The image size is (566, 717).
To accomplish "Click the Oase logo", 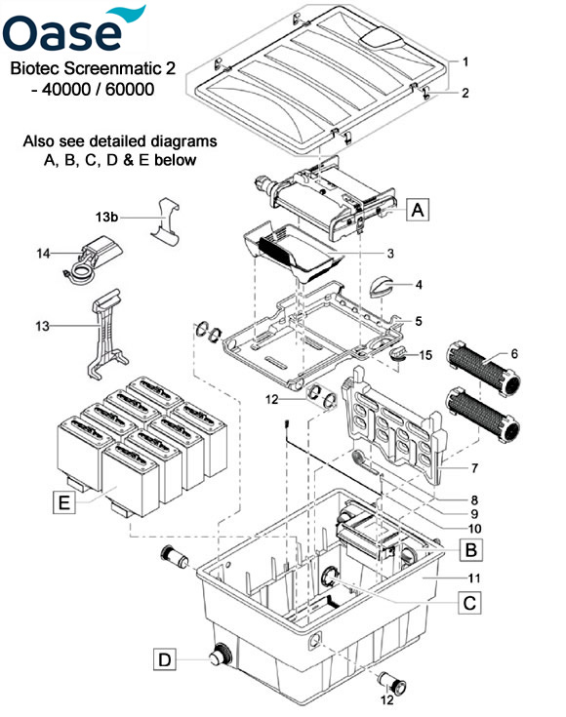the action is pos(74,29).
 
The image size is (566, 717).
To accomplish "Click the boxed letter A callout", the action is pos(418,210).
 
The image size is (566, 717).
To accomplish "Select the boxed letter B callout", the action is pos(470,548).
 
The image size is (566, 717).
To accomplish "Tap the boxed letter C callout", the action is pos(469,602).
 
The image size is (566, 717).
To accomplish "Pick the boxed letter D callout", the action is pos(164,659).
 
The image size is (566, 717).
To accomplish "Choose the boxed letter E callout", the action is pos(64,502).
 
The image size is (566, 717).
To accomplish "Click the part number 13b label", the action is pos(106,217).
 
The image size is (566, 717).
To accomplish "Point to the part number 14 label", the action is pos(43,253).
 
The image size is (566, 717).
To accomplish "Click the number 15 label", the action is pos(425,355).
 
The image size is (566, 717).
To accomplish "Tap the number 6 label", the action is pos(514,353).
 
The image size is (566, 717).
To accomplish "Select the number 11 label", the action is pos(474,578).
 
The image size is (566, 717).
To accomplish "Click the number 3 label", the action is pos(390,253).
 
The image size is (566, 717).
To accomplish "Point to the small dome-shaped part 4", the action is pos(382,287).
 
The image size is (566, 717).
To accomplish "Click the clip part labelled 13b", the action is pos(164,223).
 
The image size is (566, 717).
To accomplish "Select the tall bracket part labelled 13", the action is pos(105,335).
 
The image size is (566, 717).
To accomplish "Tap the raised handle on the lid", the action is pos(382,38).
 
